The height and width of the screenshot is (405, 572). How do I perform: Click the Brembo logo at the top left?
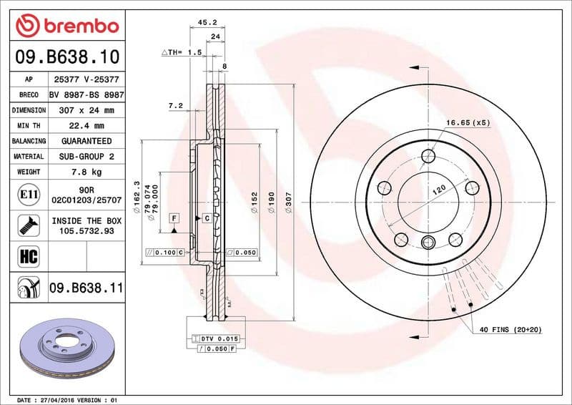click(x=66, y=26)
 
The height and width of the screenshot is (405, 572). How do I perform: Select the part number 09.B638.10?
click(x=66, y=56)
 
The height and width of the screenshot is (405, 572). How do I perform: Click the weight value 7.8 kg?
click(x=87, y=172)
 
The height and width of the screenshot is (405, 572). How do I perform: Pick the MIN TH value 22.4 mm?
click(x=87, y=125)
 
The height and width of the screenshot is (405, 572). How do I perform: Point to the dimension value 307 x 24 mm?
click(x=87, y=110)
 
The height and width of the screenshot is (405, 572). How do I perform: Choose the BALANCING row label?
click(x=29, y=141)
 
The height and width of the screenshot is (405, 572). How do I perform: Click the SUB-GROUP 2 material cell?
click(x=87, y=156)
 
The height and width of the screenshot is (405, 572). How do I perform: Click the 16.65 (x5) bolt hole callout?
click(x=468, y=123)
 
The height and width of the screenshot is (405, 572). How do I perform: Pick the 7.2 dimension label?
click(x=175, y=105)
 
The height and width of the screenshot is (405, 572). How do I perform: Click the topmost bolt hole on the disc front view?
click(x=428, y=156)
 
